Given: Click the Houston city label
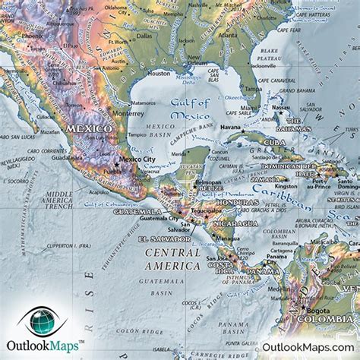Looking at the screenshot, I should coord(158,74).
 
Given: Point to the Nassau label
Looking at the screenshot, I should coord(281,109).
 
